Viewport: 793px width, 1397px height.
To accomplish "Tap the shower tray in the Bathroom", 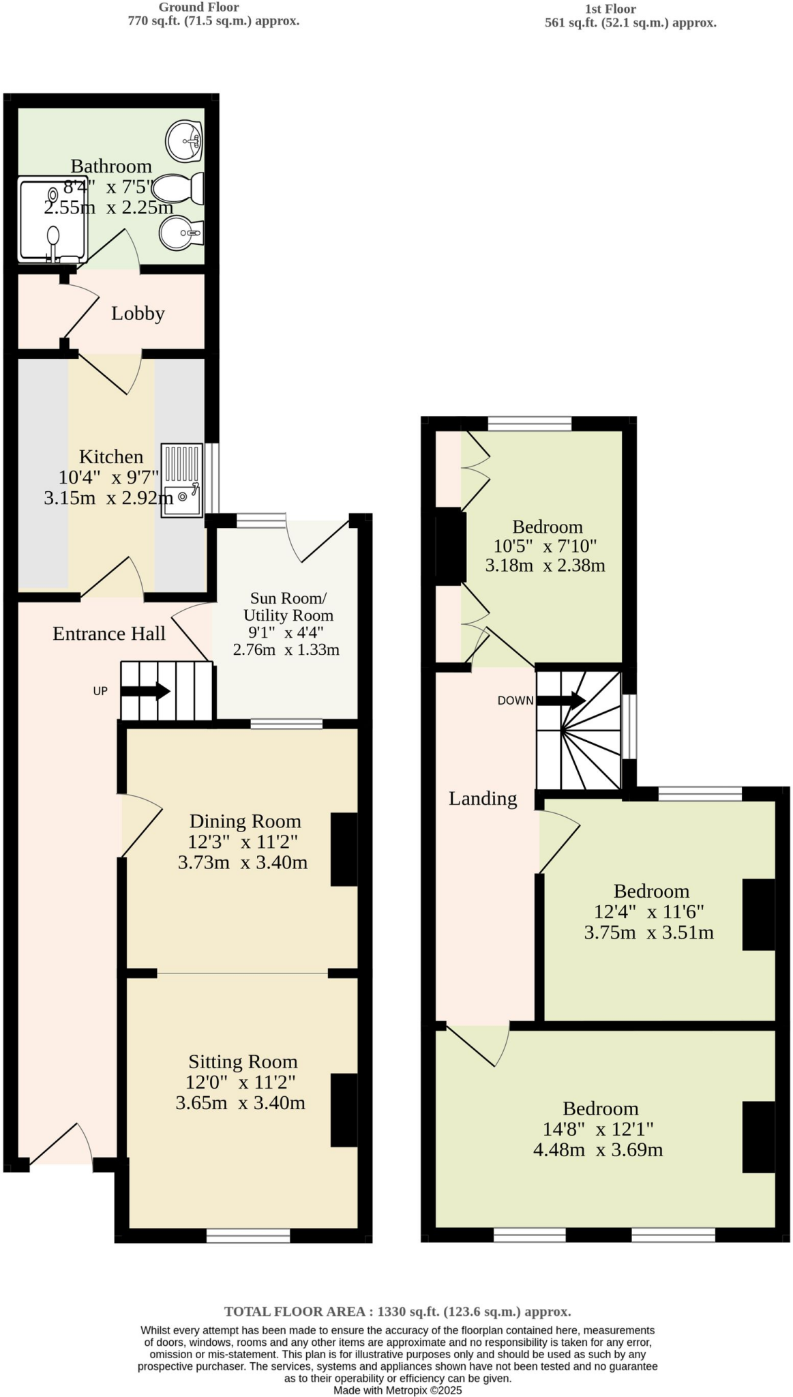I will (53, 220).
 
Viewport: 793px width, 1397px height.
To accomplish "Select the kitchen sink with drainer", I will (182, 480).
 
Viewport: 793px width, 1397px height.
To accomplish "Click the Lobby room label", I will (138, 314).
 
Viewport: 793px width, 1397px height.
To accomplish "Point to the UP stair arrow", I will (145, 691).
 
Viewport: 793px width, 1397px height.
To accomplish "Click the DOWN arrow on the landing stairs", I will (560, 700).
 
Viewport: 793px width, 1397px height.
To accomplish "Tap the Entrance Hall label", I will (109, 634).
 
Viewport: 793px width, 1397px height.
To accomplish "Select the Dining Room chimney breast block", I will (344, 849).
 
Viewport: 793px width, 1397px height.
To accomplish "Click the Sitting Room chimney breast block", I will (344, 1110).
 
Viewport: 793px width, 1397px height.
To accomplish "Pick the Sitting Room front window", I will (248, 1235).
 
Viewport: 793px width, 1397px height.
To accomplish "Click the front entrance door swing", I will (61, 1144).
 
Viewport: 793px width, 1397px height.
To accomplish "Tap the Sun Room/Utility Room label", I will (288, 606).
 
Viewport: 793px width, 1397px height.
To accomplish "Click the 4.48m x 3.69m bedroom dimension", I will (598, 1150).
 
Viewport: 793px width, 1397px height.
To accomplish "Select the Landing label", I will (483, 799).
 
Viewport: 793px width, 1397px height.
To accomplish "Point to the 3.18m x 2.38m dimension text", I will (545, 565).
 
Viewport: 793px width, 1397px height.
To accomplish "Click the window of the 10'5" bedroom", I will (529, 424).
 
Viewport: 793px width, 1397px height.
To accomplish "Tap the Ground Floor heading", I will (198, 8).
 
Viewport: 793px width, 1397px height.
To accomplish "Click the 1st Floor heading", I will (610, 9).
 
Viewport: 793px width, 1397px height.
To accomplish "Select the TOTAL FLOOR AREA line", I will (398, 1311).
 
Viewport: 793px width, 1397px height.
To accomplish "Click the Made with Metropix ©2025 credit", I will (398, 1390).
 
